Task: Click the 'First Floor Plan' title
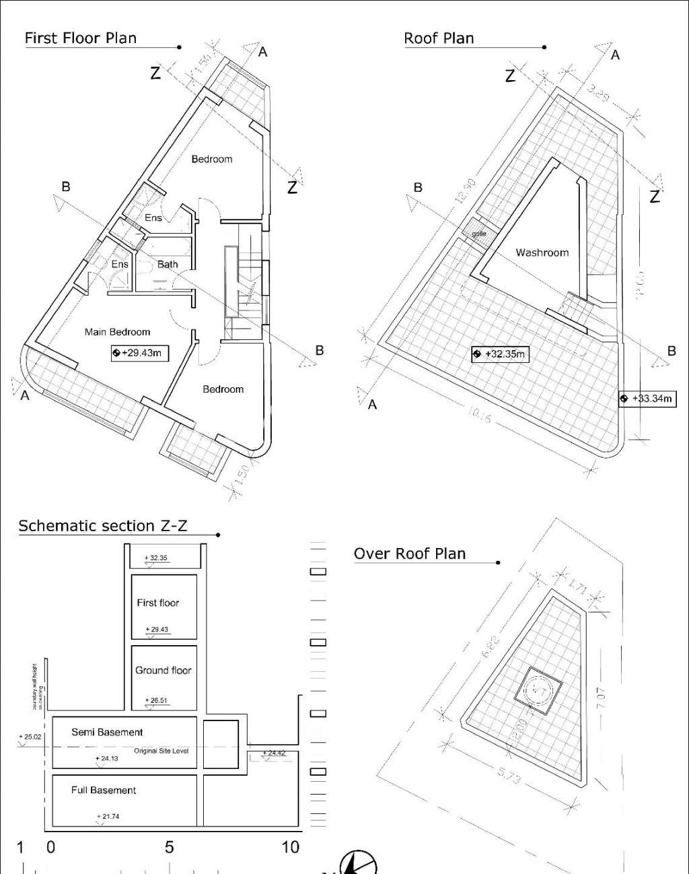point(81,38)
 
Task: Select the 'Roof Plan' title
point(439,38)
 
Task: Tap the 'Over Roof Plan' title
point(410,553)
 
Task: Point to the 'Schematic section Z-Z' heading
point(102,526)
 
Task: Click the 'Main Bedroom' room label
point(117,332)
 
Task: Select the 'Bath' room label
point(168,264)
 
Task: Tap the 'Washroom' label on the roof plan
point(542,253)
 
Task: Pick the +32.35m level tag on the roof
point(500,354)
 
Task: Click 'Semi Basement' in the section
point(107,732)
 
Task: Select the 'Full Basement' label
point(104,790)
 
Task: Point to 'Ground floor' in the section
point(163,670)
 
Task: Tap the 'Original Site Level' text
point(161,751)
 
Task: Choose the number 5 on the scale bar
point(169,847)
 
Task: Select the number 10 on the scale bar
point(290,847)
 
